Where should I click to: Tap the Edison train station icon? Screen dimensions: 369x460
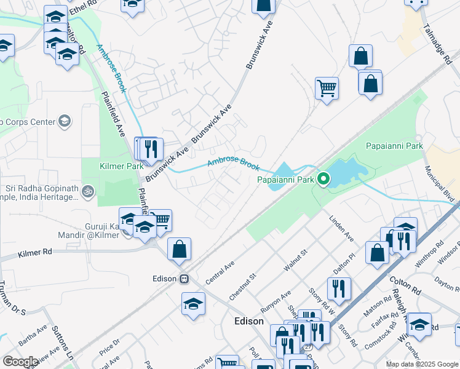click(x=183, y=279)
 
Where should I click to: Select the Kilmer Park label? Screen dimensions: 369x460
click(x=122, y=165)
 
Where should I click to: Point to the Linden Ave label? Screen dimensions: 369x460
click(x=342, y=228)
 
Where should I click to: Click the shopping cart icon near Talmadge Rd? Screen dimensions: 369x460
click(x=327, y=87)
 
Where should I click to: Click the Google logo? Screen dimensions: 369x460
click(x=20, y=362)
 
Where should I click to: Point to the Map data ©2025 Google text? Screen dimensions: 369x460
click(x=421, y=364)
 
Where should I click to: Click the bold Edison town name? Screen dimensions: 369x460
click(x=249, y=321)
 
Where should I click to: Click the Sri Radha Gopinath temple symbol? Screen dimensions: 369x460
click(x=88, y=191)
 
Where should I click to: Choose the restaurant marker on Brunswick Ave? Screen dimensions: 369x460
click(x=151, y=148)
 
